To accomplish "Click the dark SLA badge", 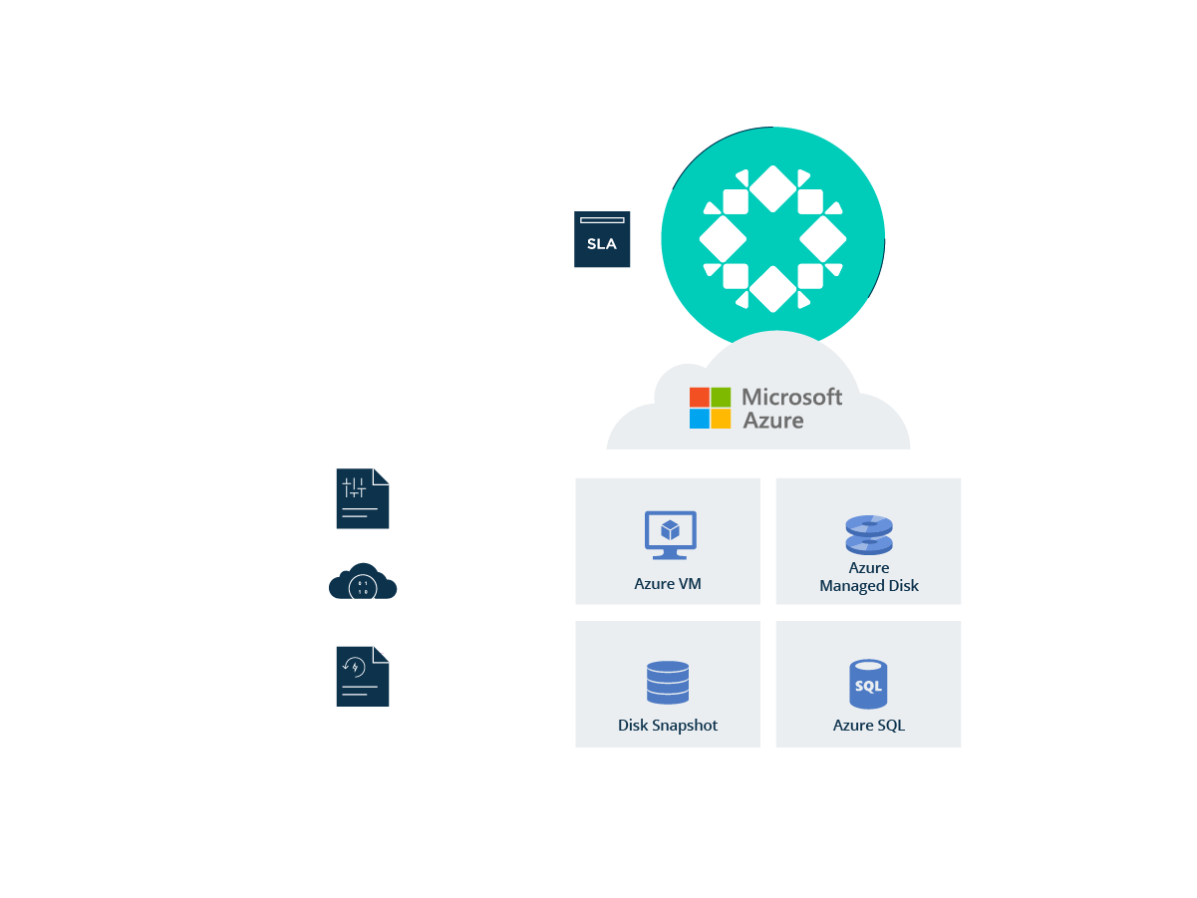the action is (x=602, y=239).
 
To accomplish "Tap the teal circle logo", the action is (x=772, y=238).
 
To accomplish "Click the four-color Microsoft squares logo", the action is (x=710, y=408).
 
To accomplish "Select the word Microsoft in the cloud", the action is (x=791, y=397).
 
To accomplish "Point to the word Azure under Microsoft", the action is (x=772, y=421).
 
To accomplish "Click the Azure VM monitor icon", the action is (x=670, y=534).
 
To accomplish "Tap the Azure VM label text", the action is (x=667, y=583).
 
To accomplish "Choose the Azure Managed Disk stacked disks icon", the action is (x=868, y=534).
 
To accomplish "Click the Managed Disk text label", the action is (x=868, y=586).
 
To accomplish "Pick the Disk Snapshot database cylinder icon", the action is (x=667, y=682).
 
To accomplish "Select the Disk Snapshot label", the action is (x=667, y=726).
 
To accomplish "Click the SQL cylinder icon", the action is (x=868, y=684).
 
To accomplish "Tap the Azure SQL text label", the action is (x=868, y=726).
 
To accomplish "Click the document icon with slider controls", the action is (x=362, y=498).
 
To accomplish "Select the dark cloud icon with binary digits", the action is (x=362, y=581).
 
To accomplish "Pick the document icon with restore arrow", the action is (x=362, y=676).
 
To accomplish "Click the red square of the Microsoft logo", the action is (x=699, y=397).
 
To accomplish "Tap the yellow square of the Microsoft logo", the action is (x=721, y=419).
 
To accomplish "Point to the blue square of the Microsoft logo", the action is (x=699, y=419).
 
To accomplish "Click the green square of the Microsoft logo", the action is (x=721, y=397).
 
